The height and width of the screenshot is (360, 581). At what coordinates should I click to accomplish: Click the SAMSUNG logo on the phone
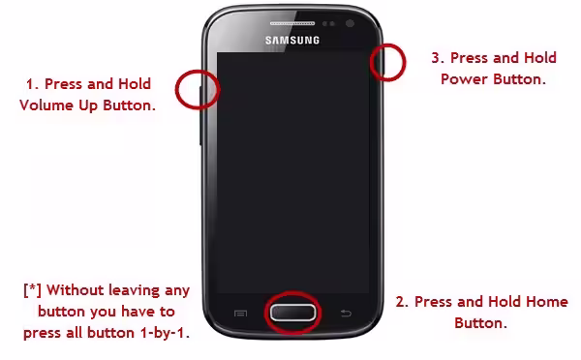(292, 40)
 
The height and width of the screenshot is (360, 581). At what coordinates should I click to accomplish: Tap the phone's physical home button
(292, 313)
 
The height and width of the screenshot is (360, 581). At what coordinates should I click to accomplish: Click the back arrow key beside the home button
(346, 314)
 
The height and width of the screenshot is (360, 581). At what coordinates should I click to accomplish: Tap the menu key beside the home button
(240, 314)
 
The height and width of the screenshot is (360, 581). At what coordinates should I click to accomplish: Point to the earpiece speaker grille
(292, 23)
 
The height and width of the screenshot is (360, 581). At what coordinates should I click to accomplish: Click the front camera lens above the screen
(350, 23)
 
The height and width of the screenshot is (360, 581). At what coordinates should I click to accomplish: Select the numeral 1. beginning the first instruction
(33, 84)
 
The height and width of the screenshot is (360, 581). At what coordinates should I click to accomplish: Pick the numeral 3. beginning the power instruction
(438, 58)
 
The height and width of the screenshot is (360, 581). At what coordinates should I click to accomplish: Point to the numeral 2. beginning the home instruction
(402, 302)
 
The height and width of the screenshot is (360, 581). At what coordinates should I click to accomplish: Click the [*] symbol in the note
(32, 290)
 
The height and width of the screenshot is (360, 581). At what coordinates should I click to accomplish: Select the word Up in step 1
(88, 106)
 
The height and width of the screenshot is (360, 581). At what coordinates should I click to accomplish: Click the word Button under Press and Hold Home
(480, 323)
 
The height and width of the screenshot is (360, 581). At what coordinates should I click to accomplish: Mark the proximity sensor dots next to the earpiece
(328, 23)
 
